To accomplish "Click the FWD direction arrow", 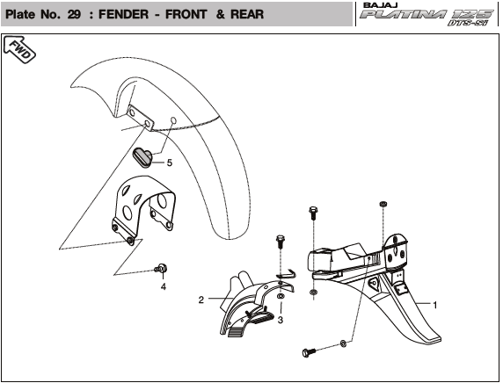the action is click(x=19, y=49).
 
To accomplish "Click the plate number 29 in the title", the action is click(x=74, y=14).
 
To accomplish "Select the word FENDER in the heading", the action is click(x=123, y=14).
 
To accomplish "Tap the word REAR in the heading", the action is click(x=247, y=14).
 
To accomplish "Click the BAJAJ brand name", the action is click(x=381, y=5).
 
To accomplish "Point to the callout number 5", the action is click(x=170, y=163).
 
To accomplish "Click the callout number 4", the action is click(x=164, y=286).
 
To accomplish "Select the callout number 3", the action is click(x=281, y=320).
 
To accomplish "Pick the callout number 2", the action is click(x=201, y=300).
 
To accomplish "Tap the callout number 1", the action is click(x=435, y=305).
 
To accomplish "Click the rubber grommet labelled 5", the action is click(x=142, y=157).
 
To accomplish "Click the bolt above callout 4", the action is click(x=161, y=268).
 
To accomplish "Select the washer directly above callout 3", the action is click(x=280, y=296).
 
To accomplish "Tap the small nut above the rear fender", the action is click(x=383, y=204).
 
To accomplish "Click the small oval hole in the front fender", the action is click(x=173, y=120).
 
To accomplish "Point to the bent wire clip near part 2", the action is click(x=287, y=274).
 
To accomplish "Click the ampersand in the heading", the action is click(x=221, y=14).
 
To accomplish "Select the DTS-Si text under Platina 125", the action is click(x=468, y=23).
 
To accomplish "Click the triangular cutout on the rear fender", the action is click(x=374, y=284).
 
